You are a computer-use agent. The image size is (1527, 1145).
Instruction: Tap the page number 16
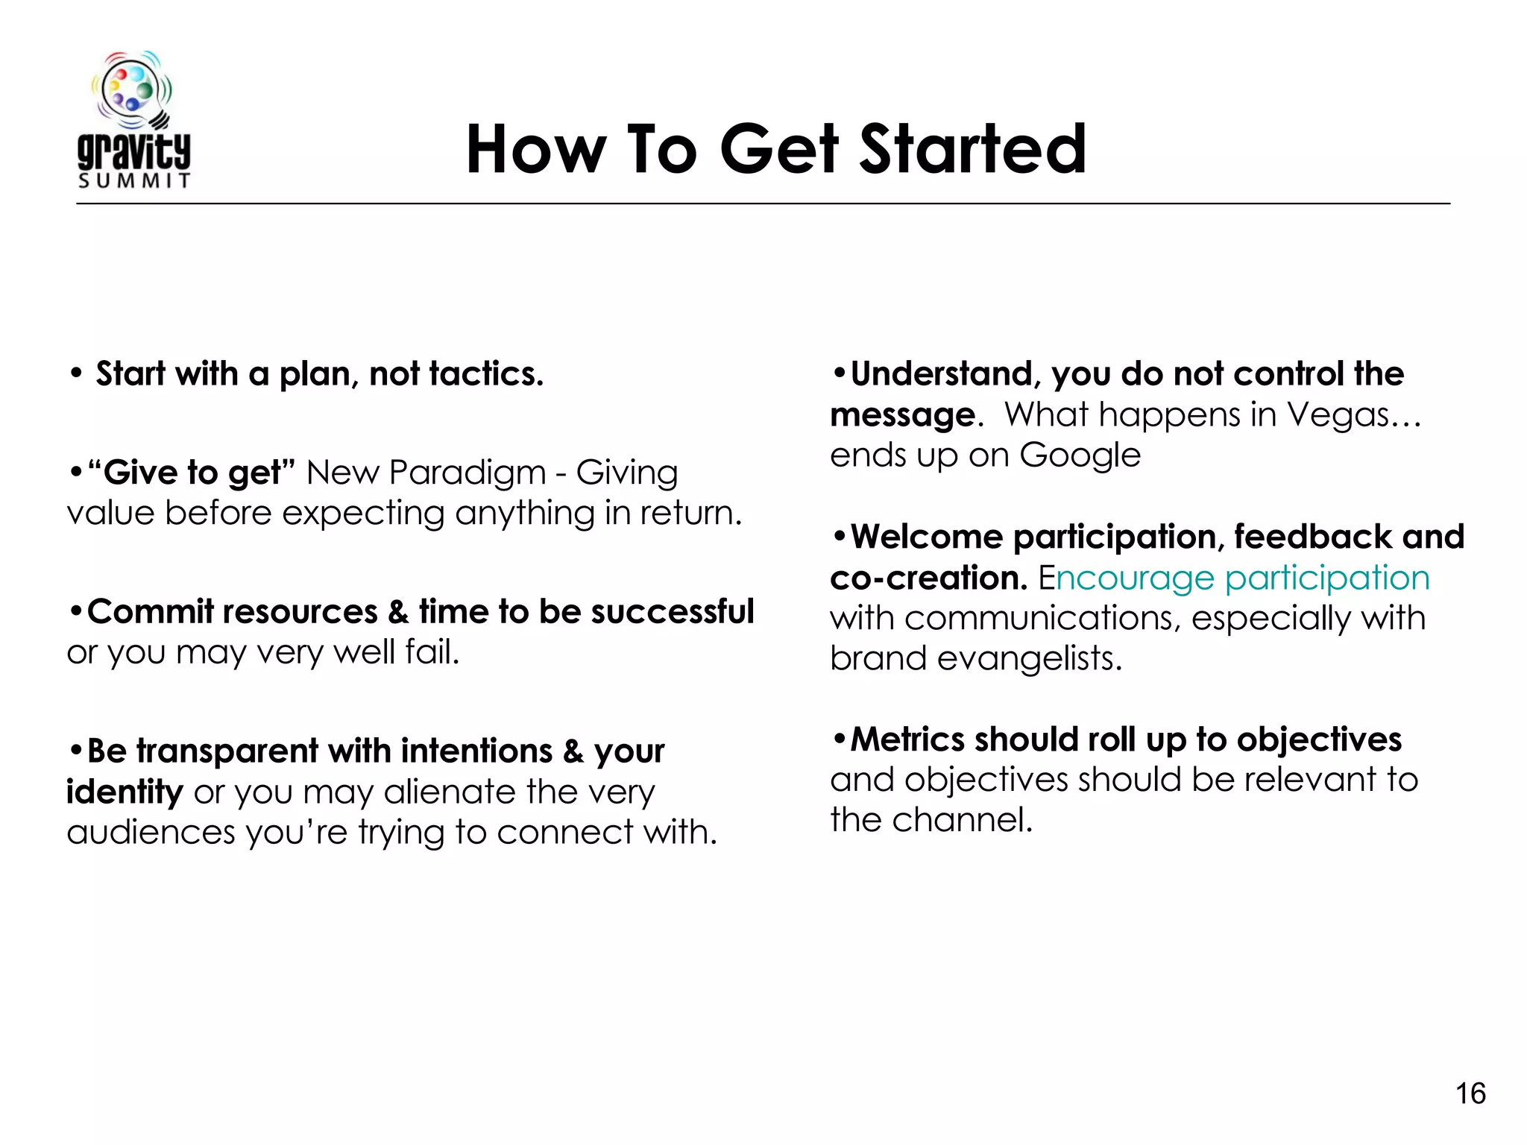(1470, 1094)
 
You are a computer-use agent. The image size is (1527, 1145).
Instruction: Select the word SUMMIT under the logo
(134, 181)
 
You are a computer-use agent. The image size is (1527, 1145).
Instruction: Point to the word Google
(1080, 455)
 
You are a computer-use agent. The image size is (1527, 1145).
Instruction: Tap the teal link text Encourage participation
(1234, 578)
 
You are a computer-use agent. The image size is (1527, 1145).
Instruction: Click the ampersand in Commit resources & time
(398, 612)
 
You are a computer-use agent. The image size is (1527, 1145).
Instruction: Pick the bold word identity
(125, 792)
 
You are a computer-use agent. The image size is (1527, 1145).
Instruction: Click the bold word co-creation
(928, 578)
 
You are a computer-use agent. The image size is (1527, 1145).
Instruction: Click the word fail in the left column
(431, 652)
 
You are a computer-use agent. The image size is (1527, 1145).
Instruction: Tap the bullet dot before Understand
(840, 372)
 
